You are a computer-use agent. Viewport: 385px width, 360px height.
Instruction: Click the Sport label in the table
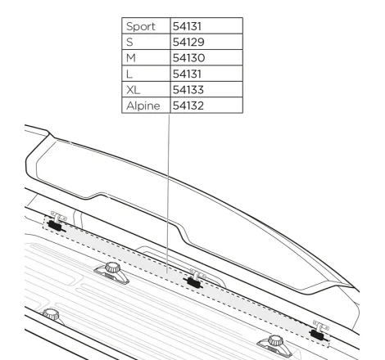coord(141,26)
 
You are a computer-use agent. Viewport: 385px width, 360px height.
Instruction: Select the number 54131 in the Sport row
coord(187,26)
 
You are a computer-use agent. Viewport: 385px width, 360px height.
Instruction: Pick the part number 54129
coord(188,42)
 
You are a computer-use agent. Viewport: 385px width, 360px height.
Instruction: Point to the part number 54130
coord(188,58)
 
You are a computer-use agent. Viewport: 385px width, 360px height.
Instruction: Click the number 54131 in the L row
coord(187,74)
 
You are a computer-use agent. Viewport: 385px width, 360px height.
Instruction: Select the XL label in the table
coord(133,90)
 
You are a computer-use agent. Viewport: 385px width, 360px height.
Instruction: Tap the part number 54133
coord(188,90)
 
